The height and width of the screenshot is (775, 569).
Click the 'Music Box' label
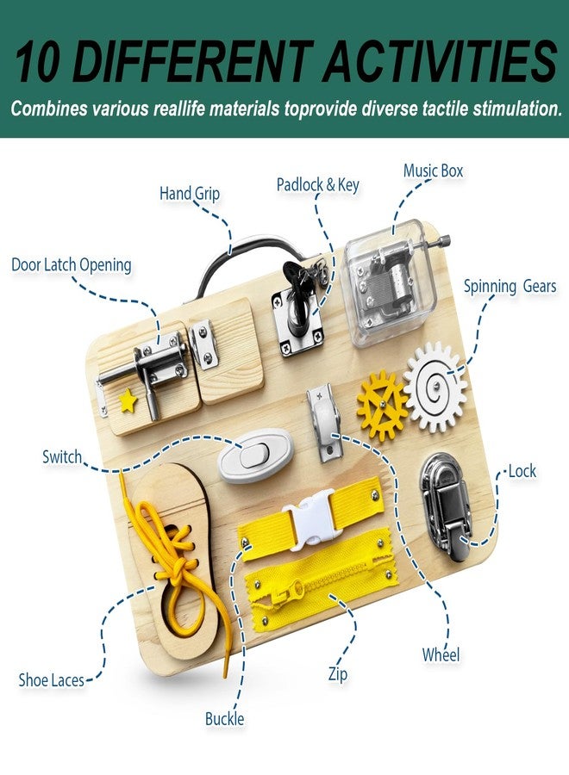[x=433, y=171]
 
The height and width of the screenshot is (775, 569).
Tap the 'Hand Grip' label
[x=190, y=193]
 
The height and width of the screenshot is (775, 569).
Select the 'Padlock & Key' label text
[x=317, y=185]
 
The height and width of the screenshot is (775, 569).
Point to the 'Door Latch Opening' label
[x=72, y=265]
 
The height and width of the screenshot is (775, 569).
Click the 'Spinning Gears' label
[x=510, y=286]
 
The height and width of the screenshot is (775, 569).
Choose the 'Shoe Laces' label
[x=52, y=680]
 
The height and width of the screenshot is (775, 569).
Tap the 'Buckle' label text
[x=225, y=719]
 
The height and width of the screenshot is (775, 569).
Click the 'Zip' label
[x=338, y=674]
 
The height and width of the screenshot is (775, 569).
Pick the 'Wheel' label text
[x=441, y=655]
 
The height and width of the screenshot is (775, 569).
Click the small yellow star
[x=128, y=400]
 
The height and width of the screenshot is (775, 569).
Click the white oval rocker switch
[x=255, y=456]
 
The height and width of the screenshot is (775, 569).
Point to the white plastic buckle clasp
[x=313, y=520]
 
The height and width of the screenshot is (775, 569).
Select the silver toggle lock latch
[x=446, y=506]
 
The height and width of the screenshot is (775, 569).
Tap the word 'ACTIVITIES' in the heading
[x=441, y=61]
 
